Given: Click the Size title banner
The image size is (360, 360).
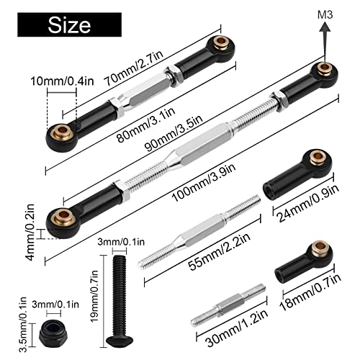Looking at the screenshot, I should click(x=70, y=26).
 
